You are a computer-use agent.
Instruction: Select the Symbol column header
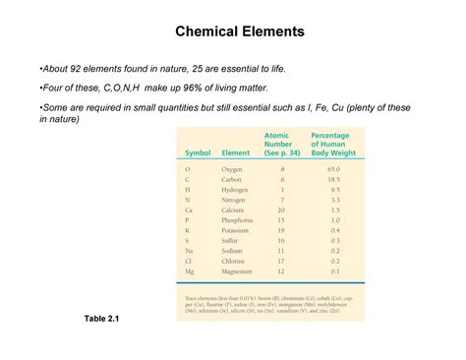click(x=197, y=152)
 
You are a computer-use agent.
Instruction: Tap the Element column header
click(x=236, y=152)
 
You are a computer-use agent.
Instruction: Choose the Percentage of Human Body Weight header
click(x=336, y=144)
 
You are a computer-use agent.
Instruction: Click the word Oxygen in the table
click(x=234, y=169)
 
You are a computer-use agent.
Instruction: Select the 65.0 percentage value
click(x=334, y=169)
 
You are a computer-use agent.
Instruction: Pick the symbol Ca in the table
click(x=188, y=210)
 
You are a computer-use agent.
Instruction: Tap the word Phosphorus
click(x=239, y=219)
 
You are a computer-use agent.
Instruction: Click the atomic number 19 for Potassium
click(x=281, y=229)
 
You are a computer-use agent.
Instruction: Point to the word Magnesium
click(x=239, y=270)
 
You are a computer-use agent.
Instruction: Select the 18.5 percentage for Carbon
click(x=334, y=179)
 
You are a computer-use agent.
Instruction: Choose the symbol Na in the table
click(x=188, y=250)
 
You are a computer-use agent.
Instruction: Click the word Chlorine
click(x=235, y=260)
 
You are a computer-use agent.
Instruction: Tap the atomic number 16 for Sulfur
click(x=281, y=240)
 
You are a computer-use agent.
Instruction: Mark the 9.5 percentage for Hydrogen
click(x=335, y=189)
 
